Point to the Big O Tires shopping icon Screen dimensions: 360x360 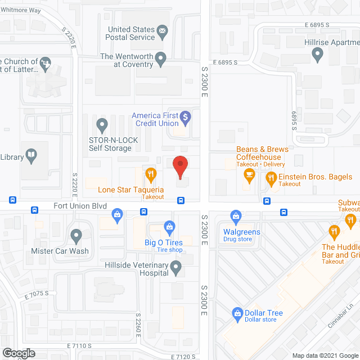pyautogui.click(x=169, y=228)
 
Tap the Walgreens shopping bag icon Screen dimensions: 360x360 pyautogui.click(x=236, y=215)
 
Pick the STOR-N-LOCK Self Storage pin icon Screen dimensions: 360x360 pyautogui.click(x=102, y=124)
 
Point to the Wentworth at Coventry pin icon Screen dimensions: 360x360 pyautogui.click(x=161, y=57)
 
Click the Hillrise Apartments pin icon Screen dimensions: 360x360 pyautogui.click(x=317, y=55)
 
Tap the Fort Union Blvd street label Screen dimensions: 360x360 pyautogui.click(x=80, y=206)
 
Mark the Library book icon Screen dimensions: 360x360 pyautogui.click(x=31, y=157)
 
